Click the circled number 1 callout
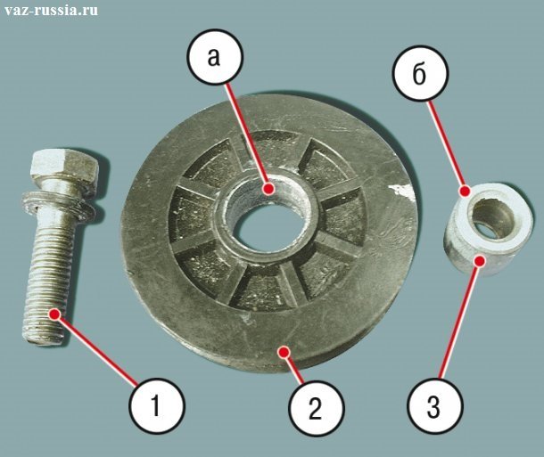157,405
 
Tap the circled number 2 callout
316,408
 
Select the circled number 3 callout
435,405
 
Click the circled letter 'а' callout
214,57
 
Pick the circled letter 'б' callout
421,73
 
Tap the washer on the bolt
58,207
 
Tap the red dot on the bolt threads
54,314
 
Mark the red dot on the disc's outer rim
284,352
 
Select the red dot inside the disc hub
268,189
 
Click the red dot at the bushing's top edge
465,191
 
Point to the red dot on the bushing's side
480,260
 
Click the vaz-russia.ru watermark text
51,11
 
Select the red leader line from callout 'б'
446,145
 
